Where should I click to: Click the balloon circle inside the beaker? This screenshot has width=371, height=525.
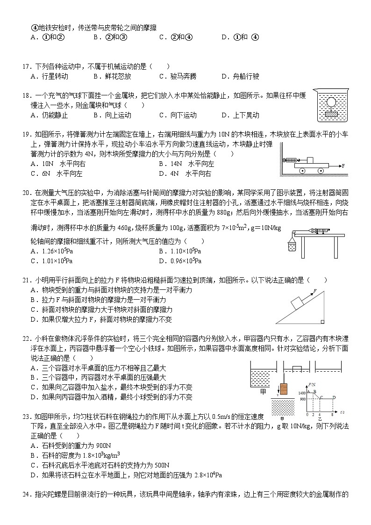(x=333, y=101)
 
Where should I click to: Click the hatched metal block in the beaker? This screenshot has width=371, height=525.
(x=333, y=113)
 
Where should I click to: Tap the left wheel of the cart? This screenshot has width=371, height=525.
(x=302, y=171)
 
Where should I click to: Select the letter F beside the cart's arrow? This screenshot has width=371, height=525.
(x=343, y=165)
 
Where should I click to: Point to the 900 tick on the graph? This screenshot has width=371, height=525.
(x=302, y=399)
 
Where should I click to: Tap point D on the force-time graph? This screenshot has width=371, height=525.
(x=334, y=397)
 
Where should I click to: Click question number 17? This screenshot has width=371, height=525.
(x=26, y=66)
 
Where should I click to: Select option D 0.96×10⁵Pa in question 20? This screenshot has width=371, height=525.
(x=180, y=261)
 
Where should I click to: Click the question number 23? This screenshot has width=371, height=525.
(x=26, y=416)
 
